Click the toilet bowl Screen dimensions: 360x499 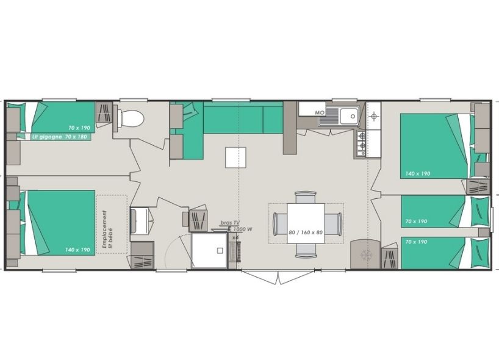131,118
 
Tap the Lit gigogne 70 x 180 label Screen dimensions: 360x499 61,137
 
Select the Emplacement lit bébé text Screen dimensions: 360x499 107,223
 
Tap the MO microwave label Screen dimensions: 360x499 319,113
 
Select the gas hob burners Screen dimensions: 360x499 361,141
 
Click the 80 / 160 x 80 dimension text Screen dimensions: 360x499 305,232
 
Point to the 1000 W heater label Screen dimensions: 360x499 242,229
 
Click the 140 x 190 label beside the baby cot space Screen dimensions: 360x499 78,250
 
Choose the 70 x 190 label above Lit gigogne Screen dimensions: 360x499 79,128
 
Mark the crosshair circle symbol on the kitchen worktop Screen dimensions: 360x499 373,115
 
